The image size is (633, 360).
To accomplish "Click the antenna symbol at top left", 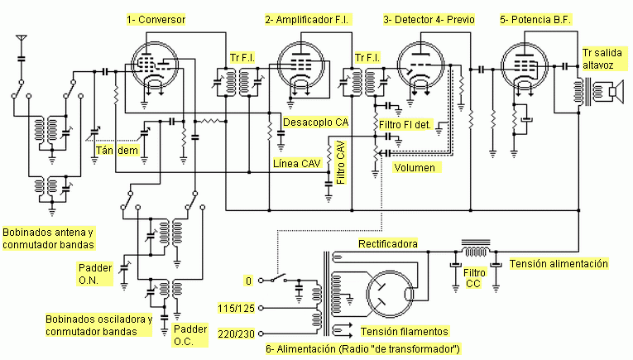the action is tap(22, 39).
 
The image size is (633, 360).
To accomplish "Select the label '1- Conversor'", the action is tap(156, 19).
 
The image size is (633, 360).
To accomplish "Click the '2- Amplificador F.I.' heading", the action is tap(307, 19).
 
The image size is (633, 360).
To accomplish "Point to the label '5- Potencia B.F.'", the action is tap(535, 19).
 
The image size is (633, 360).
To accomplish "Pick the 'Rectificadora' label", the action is tap(388, 244).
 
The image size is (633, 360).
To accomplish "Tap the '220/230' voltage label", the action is tap(236, 334).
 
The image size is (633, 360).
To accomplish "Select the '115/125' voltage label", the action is tap(236, 309).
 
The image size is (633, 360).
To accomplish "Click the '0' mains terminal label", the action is tap(248, 281).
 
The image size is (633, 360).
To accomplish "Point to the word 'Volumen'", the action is tap(415, 167).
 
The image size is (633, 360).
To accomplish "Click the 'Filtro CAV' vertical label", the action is tap(341, 162).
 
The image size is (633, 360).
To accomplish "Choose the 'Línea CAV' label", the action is tap(297, 164).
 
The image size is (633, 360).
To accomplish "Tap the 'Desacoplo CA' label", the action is tap(316, 122).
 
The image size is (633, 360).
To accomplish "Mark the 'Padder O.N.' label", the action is tap(95, 274).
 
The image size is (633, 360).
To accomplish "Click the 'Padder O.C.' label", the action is tap(190, 335).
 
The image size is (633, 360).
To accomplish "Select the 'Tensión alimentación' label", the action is tap(559, 263).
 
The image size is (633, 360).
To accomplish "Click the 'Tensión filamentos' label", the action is tap(404, 331).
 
